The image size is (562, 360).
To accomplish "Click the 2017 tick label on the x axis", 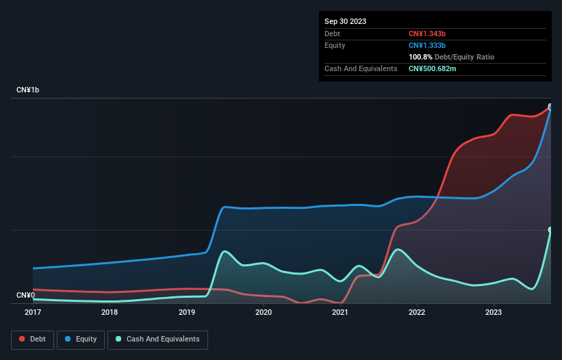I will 32,312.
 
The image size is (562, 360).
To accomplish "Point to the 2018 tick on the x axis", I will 110,312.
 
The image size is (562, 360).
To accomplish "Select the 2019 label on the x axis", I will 186,312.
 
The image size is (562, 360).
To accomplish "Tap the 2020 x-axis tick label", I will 264,312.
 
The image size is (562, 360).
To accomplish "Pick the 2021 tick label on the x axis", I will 340,312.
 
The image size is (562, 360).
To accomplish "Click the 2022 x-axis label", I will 418,312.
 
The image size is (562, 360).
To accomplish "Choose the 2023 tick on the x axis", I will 494,312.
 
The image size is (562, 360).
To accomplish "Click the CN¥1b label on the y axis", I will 28,90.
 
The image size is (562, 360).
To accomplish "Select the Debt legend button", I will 34,339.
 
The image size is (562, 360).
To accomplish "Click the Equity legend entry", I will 81,339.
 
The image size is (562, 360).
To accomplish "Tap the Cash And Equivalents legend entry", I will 157,339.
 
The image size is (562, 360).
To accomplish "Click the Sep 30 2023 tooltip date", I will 346,21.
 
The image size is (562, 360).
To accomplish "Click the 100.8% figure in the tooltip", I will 422,57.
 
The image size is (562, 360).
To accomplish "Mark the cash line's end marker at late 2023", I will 550,230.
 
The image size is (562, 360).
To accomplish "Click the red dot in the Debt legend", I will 23,339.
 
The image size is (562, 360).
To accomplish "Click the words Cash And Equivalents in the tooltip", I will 361,68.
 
